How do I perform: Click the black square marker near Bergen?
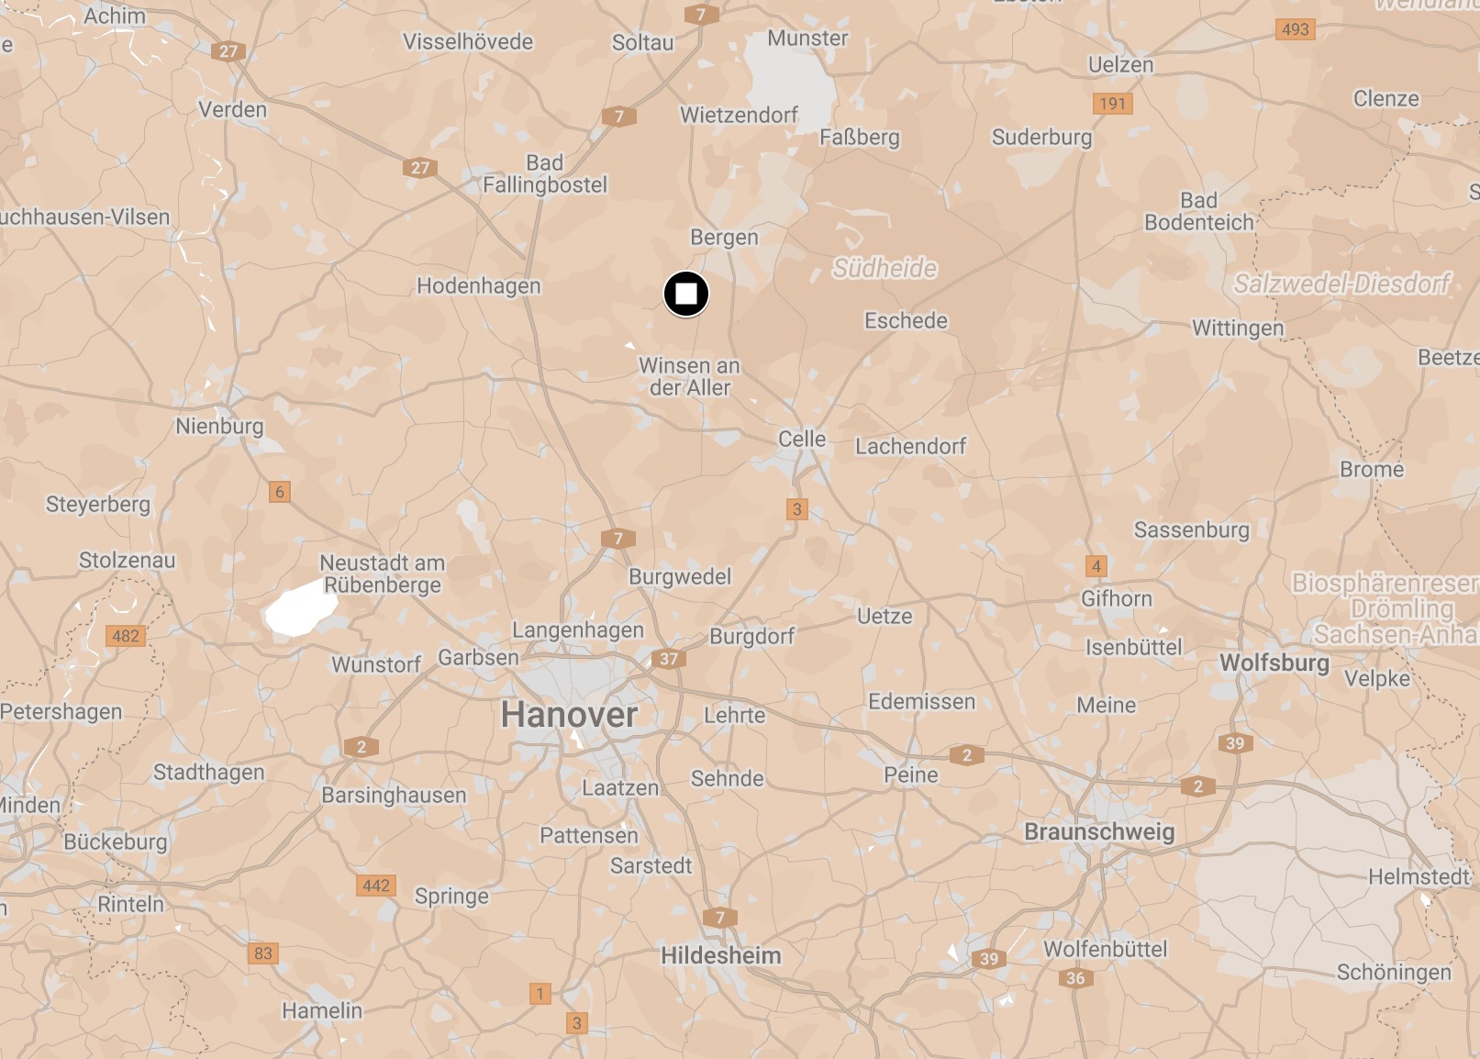(x=685, y=295)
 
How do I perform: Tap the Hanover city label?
(x=569, y=714)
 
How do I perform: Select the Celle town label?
(x=802, y=439)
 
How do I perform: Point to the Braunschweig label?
(x=1099, y=831)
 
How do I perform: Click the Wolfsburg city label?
(x=1274, y=663)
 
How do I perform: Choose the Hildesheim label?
(x=721, y=955)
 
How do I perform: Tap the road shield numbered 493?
(x=1295, y=29)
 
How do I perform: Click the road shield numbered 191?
(x=1112, y=104)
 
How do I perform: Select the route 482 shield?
(x=126, y=636)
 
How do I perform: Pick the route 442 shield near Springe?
(x=376, y=886)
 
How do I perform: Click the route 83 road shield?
(x=263, y=953)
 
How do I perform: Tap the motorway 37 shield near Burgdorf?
(x=669, y=658)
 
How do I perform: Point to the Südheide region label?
(x=885, y=268)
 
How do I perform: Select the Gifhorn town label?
(x=1116, y=598)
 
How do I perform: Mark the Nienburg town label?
(x=219, y=426)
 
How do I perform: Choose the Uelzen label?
(x=1120, y=65)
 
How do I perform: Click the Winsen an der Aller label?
(x=689, y=376)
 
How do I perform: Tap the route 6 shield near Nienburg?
(x=280, y=492)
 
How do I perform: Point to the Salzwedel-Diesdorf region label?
(x=1341, y=284)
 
